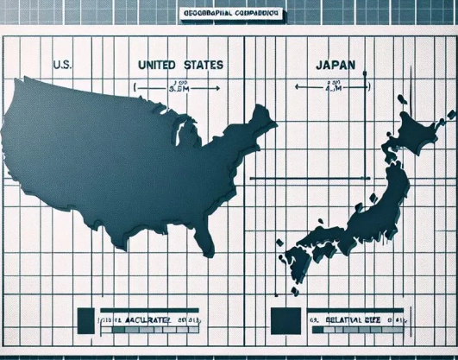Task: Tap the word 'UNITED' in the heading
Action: pyautogui.click(x=158, y=64)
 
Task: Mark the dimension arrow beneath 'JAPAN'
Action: pyautogui.click(x=335, y=85)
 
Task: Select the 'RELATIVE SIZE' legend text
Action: pyautogui.click(x=350, y=321)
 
